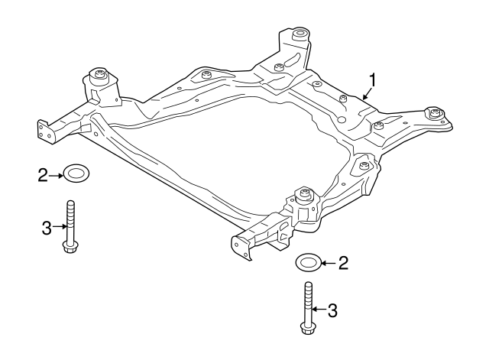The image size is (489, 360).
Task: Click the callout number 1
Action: (x=373, y=79)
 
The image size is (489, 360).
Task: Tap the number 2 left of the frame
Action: (x=43, y=176)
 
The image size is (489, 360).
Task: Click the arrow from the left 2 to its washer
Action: (x=56, y=176)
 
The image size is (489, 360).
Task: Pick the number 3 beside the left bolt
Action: (x=45, y=226)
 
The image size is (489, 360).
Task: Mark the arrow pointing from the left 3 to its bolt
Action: (x=57, y=226)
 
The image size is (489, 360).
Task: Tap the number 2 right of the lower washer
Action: (x=343, y=264)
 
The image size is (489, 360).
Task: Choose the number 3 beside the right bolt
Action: (x=332, y=310)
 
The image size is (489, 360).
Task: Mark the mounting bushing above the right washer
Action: (x=306, y=195)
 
